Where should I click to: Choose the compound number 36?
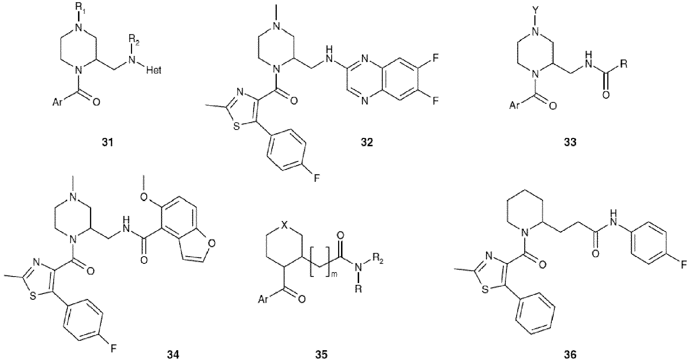pos(570,354)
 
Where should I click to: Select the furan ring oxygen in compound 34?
pos(212,243)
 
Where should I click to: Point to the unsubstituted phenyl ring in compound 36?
pos(535,313)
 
